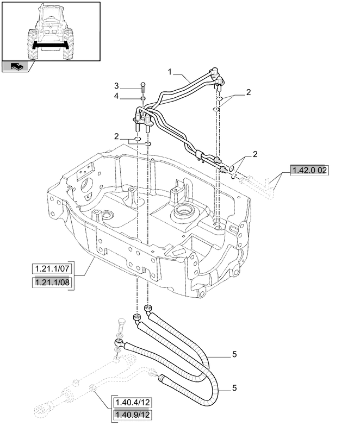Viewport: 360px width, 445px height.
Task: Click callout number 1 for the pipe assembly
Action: pos(170,72)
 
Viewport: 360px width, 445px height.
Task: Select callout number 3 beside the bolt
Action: pos(116,86)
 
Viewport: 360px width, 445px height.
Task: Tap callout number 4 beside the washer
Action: pos(116,96)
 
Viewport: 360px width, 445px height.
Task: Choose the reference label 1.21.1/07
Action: pos(52,269)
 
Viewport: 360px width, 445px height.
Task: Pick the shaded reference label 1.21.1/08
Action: pos(52,283)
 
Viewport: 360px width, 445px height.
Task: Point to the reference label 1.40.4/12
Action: pos(133,403)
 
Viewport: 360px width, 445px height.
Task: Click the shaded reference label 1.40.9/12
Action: pos(133,416)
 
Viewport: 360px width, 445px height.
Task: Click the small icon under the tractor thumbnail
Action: pos(16,66)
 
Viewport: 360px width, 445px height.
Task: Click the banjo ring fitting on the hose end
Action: pos(118,342)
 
